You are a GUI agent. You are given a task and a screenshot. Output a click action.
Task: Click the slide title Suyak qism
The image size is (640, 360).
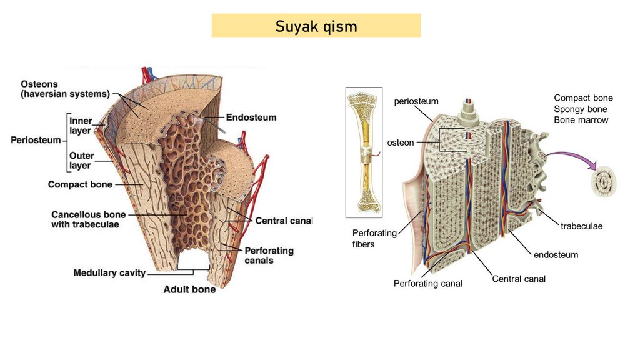point(316,26)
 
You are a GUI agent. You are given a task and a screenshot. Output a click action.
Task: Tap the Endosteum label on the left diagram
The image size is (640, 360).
point(251,117)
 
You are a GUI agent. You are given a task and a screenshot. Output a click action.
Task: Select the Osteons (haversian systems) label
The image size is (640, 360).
point(65,89)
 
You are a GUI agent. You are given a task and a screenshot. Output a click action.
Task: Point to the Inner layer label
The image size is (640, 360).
point(80,126)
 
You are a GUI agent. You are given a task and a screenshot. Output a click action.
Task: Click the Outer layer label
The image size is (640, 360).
point(81,161)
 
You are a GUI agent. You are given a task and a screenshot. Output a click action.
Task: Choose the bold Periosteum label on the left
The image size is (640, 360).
point(36,140)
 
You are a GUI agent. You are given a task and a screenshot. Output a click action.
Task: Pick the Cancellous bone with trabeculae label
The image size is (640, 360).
point(85,219)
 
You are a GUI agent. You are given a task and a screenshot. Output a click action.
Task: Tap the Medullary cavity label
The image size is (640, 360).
point(109,273)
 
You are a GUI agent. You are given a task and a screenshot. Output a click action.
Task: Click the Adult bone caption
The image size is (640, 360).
point(189,289)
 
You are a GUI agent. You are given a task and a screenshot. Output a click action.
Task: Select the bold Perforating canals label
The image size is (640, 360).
point(269,255)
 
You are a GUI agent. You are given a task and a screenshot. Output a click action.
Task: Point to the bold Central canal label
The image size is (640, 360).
point(283,221)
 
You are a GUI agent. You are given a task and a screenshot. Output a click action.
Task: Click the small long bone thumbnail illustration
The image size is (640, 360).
point(364,152)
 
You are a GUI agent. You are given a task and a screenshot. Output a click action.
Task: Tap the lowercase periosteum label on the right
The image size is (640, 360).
point(416,101)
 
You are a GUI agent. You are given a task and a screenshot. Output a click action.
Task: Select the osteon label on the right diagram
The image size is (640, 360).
point(401,142)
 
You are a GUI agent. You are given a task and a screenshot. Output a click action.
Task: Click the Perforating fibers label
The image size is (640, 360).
point(374,239)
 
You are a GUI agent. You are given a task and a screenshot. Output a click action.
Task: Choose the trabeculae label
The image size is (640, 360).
point(581,226)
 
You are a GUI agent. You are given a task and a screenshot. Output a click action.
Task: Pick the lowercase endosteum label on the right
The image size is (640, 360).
point(556,255)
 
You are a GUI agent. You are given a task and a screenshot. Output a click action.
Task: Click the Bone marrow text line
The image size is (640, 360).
point(581,120)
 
